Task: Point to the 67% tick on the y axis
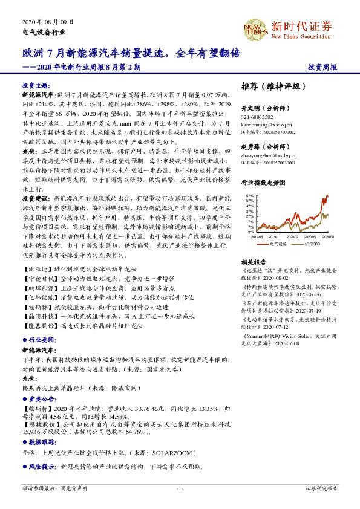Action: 250,195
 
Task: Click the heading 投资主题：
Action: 35,86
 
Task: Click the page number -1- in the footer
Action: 180,488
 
